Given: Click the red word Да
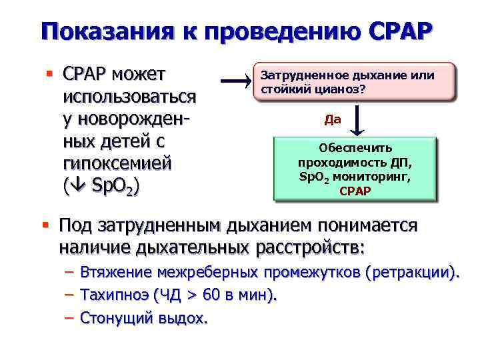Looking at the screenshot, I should tap(332, 120).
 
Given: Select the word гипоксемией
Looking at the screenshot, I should tap(117, 163).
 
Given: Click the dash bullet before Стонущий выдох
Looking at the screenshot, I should tap(69, 317).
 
